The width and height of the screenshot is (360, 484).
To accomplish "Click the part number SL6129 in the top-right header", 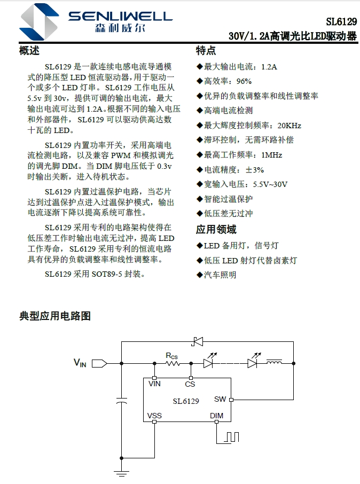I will pyautogui.click(x=341, y=22).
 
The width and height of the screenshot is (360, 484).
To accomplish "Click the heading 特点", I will pyautogui.click(x=206, y=51).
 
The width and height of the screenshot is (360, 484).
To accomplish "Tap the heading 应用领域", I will pyautogui.click(x=216, y=230).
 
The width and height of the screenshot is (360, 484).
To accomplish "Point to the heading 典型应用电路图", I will pyautogui.click(x=55, y=316).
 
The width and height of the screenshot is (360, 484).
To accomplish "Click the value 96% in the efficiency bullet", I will pyautogui.click(x=243, y=81).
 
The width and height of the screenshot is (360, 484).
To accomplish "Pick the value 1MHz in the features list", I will pyautogui.click(x=271, y=155).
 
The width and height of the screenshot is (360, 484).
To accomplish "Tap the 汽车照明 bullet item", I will pyautogui.click(x=220, y=275).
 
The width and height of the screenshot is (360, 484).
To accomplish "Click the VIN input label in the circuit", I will pyautogui.click(x=80, y=363).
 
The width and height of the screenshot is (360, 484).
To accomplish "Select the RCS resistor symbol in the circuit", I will pyautogui.click(x=172, y=363).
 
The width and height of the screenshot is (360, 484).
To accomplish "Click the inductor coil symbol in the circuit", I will pyautogui.click(x=274, y=363).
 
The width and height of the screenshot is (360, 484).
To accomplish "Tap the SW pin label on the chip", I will pyautogui.click(x=220, y=399).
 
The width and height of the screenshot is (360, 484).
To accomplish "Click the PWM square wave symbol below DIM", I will pyautogui.click(x=231, y=436).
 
